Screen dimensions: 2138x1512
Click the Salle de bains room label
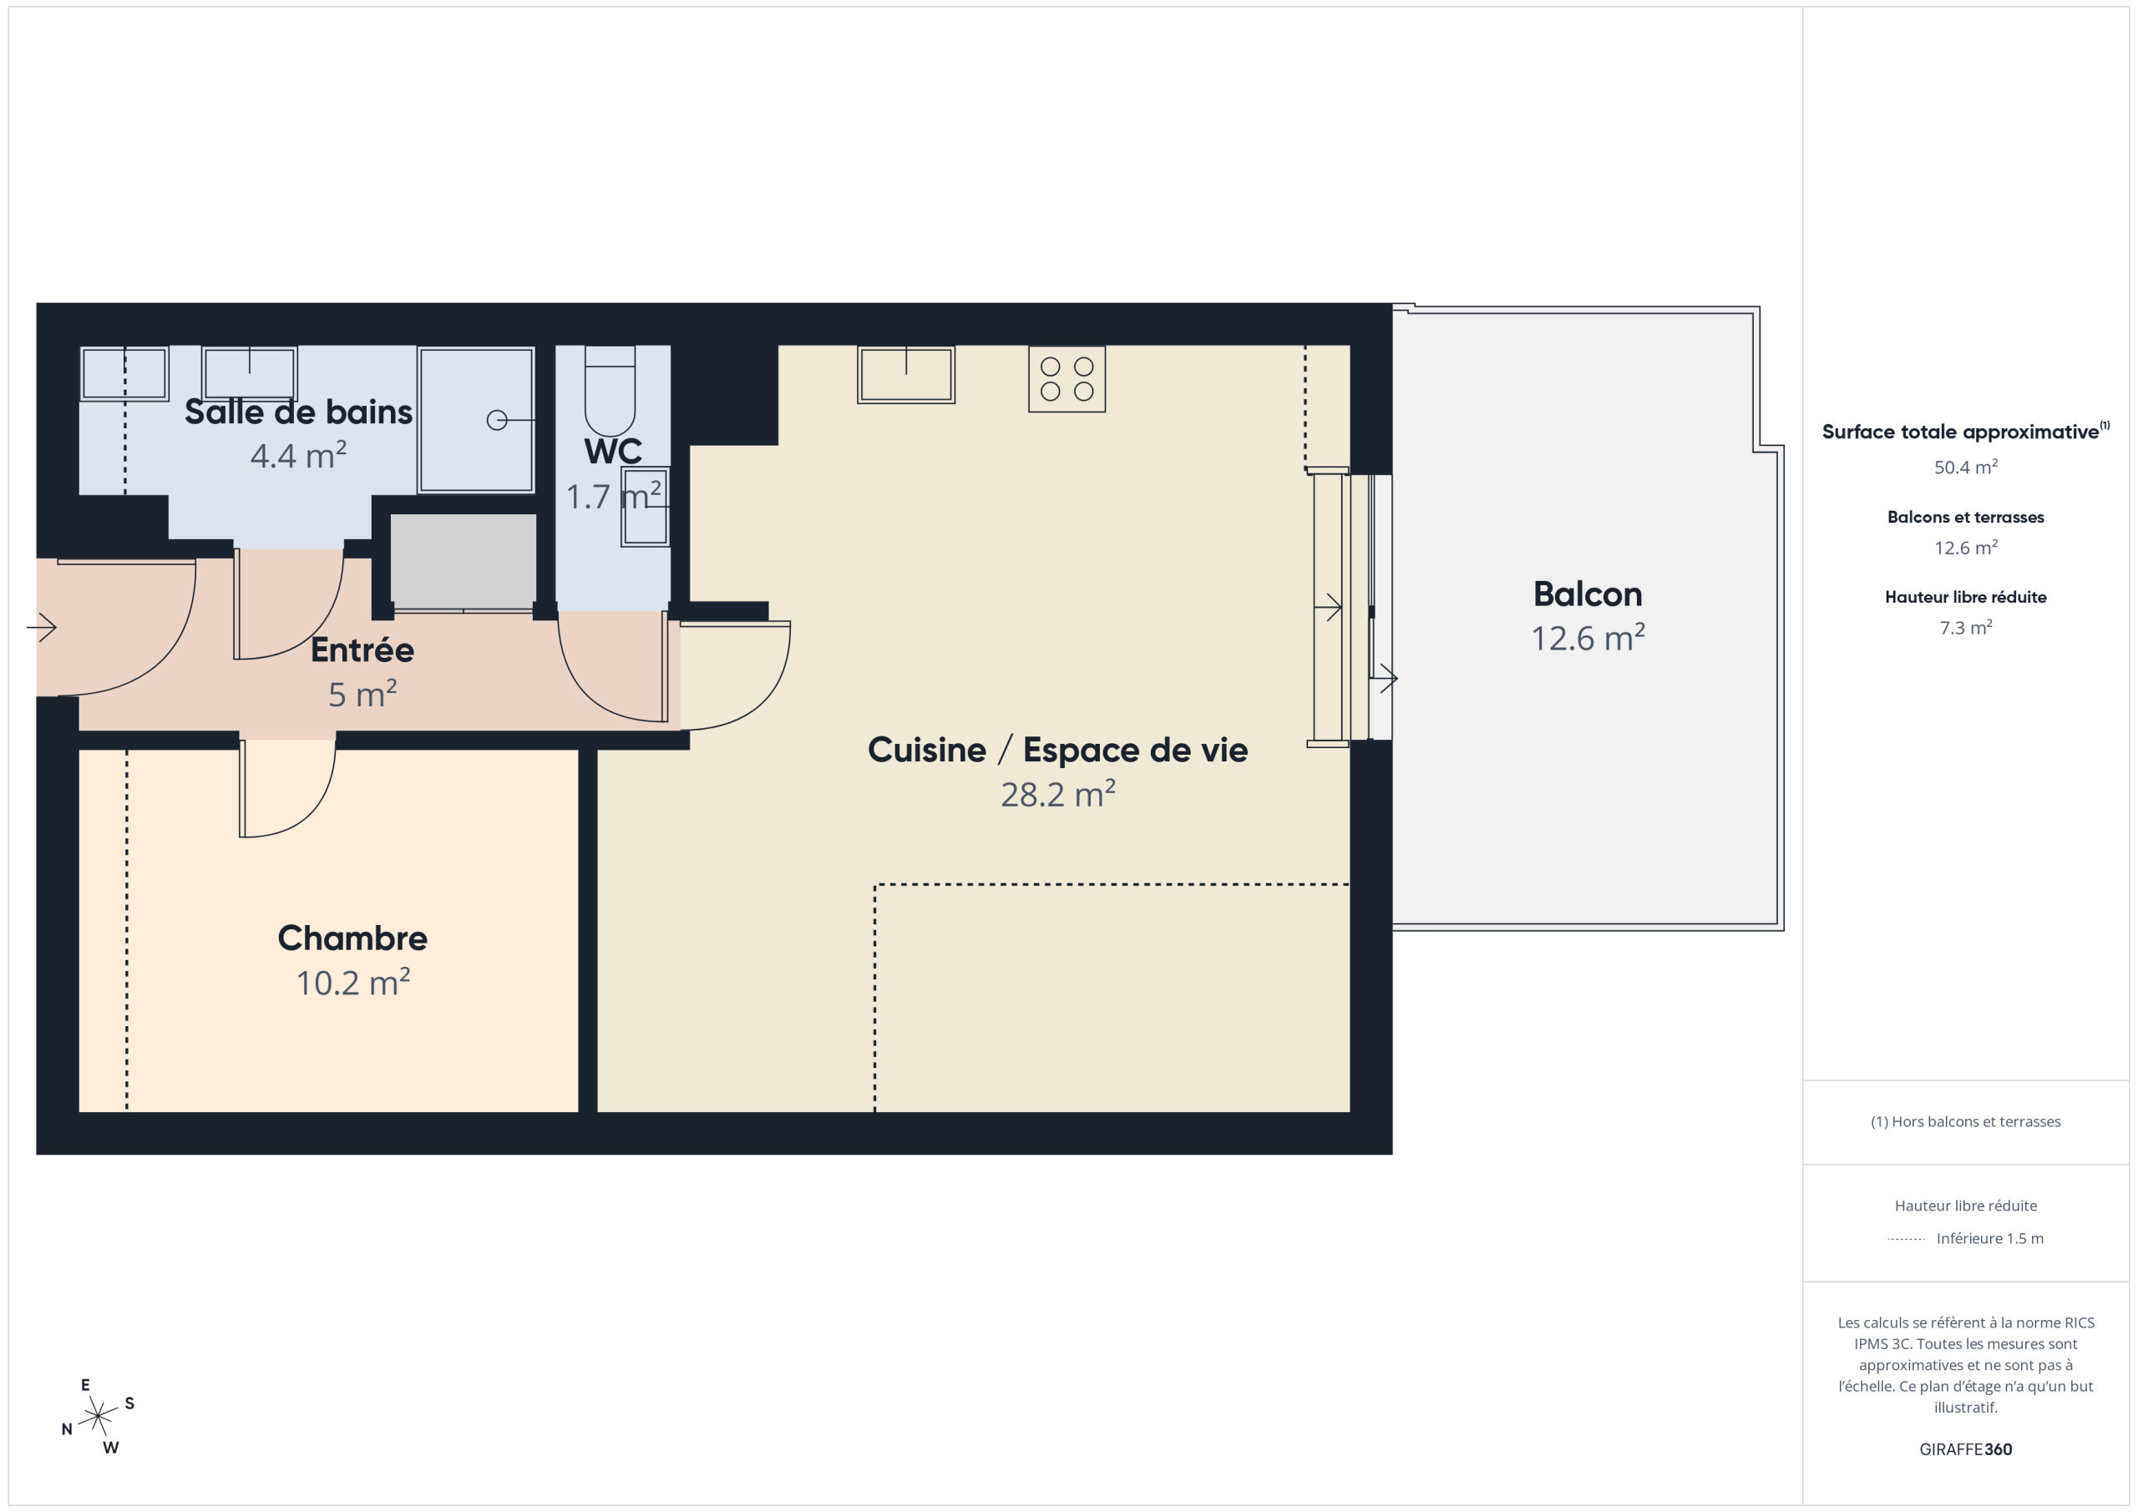298,412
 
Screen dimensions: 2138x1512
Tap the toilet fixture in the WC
610,391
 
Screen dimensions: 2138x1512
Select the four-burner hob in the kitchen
1067,379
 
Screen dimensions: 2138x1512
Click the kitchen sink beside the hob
906,374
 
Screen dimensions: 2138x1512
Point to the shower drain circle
497,421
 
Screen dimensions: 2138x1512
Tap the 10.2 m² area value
353,982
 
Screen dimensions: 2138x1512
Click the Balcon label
1588,594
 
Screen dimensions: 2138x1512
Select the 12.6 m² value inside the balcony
1588,638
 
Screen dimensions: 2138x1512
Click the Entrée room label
362,650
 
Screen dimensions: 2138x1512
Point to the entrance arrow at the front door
42,628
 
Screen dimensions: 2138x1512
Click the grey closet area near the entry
463,561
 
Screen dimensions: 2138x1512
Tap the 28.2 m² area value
1058,794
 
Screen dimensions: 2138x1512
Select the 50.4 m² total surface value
1966,468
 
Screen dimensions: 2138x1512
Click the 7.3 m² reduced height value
1966,628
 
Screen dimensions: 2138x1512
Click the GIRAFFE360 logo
1966,1449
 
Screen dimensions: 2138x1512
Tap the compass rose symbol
98,1416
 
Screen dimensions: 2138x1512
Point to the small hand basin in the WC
646,507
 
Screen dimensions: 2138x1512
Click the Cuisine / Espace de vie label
1058,750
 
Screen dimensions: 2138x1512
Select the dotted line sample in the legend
1906,1239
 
